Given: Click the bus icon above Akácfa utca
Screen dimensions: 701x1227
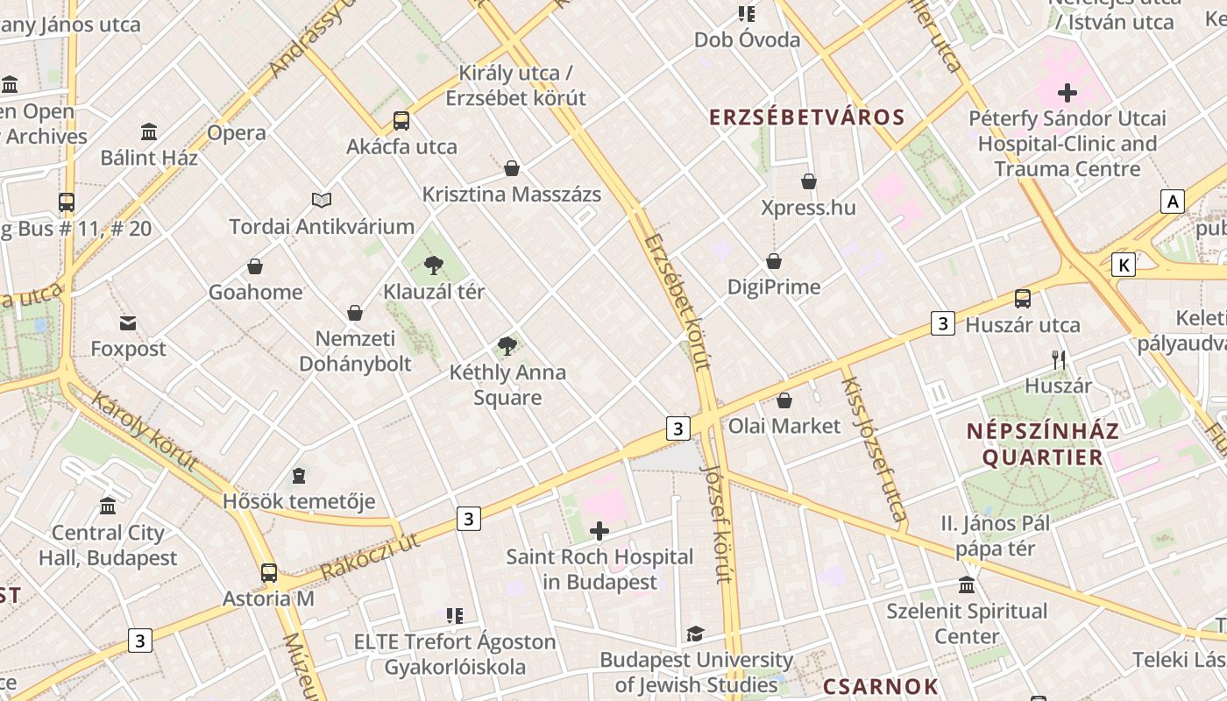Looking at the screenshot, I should [x=401, y=121].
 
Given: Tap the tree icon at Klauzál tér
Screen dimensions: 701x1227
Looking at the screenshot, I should [x=433, y=266].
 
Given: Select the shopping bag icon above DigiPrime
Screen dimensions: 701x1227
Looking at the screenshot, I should [x=774, y=261].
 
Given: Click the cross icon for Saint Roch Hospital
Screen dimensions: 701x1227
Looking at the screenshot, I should [x=599, y=531].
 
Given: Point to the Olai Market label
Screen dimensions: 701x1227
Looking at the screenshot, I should [x=784, y=426].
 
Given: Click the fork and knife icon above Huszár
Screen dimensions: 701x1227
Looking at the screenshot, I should [x=1059, y=359].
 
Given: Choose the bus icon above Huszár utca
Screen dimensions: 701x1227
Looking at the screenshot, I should [x=1022, y=299].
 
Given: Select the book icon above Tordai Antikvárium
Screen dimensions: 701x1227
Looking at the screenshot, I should [x=322, y=201].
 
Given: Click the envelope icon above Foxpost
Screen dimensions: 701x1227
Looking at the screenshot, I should [x=128, y=323].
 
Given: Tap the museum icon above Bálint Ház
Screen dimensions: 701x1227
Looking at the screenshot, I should [x=149, y=132].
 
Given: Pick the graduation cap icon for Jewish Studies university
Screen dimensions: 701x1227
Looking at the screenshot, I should [x=695, y=634].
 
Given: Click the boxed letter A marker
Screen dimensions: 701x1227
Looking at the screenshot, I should [x=1172, y=202].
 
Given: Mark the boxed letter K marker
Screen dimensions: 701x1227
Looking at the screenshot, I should [x=1123, y=264].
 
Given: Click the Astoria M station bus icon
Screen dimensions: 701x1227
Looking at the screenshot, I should [x=268, y=573].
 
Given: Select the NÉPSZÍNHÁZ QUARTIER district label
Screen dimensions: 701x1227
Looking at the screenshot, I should [x=1043, y=444].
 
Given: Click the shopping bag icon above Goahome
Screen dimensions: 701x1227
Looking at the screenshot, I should [x=255, y=266].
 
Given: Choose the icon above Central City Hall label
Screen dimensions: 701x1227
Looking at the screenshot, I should [x=108, y=506].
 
